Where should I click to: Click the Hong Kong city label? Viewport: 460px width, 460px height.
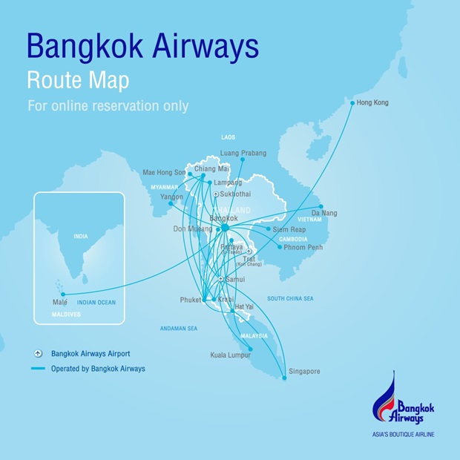point(372,102)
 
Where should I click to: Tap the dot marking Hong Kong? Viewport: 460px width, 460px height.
point(352,103)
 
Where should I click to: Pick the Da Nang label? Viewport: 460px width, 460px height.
point(323,213)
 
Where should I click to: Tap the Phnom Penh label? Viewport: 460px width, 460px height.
point(300,247)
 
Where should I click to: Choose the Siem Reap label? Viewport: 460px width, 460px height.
point(289,230)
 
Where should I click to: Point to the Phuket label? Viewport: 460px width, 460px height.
point(191,300)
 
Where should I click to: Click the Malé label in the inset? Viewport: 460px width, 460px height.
point(59,303)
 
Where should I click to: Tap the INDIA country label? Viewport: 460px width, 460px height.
point(79,237)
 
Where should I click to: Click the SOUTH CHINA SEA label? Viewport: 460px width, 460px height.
point(290,298)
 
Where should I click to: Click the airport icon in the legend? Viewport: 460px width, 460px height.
point(38,354)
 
